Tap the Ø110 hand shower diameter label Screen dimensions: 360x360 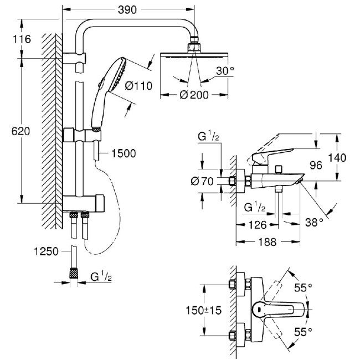coord(138,86)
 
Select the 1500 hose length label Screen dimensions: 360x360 coord(123,153)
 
